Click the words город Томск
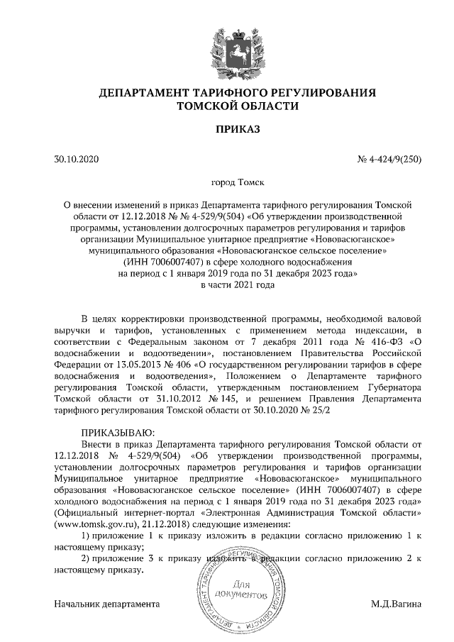tap(228, 182)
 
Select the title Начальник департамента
tap(106, 604)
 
